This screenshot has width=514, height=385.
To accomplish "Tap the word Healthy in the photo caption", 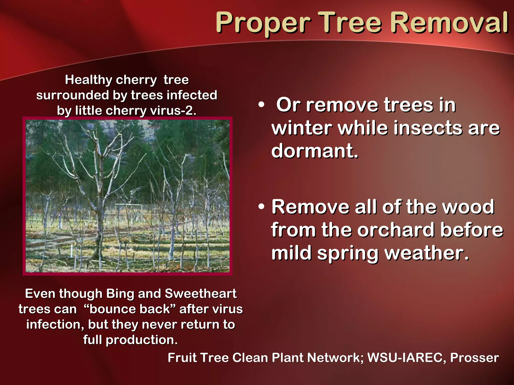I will tap(88, 80).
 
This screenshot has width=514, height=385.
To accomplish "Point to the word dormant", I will tap(314, 151).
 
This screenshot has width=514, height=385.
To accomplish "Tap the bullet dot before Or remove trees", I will tap(261, 105).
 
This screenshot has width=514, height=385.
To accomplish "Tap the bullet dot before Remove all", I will tap(261, 207).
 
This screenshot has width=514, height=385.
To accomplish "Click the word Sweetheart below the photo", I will tap(201, 294).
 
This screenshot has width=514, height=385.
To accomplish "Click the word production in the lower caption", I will tap(142, 340).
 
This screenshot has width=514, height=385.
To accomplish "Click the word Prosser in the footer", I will tap(474, 358).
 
